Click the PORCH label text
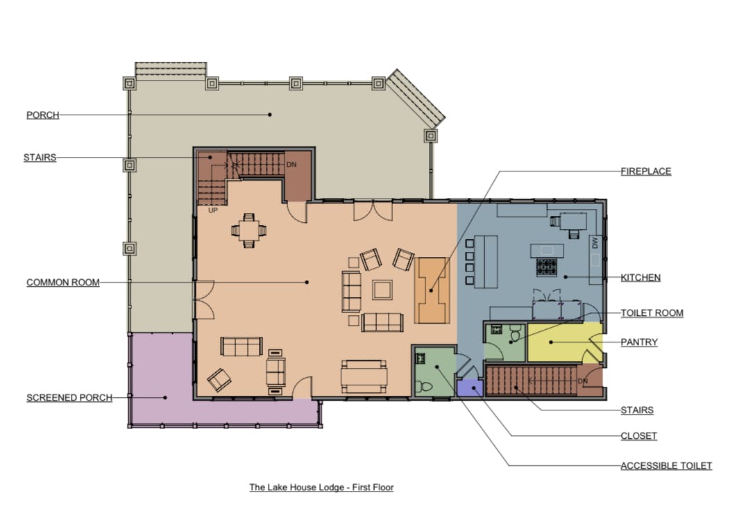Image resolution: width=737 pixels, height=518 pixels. click(x=43, y=115)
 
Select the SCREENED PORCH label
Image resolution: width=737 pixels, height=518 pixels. click(x=69, y=398)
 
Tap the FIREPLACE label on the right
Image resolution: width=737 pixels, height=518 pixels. click(x=646, y=172)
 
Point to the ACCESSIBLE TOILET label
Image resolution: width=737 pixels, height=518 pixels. click(x=666, y=466)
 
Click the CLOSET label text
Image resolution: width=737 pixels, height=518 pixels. click(x=638, y=435)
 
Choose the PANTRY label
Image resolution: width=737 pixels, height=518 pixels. click(x=639, y=342)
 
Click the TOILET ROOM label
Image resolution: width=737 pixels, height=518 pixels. click(x=652, y=313)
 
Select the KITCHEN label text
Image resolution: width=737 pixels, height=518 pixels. click(x=641, y=278)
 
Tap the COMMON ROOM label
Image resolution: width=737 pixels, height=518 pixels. click(x=63, y=283)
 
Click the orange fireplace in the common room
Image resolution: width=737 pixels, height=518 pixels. click(x=432, y=290)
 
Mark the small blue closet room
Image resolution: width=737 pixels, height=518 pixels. click(x=470, y=388)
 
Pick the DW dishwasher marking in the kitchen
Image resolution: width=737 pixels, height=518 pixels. click(x=595, y=243)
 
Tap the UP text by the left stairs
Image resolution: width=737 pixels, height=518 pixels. click(x=213, y=210)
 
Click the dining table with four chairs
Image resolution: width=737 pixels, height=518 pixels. click(x=248, y=231)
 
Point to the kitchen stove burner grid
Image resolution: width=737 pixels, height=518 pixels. click(x=547, y=267)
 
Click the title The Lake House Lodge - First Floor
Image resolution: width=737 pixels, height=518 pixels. click(x=321, y=487)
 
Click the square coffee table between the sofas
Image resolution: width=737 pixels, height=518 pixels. click(x=382, y=290)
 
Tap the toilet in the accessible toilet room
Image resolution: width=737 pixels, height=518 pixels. click(x=425, y=387)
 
